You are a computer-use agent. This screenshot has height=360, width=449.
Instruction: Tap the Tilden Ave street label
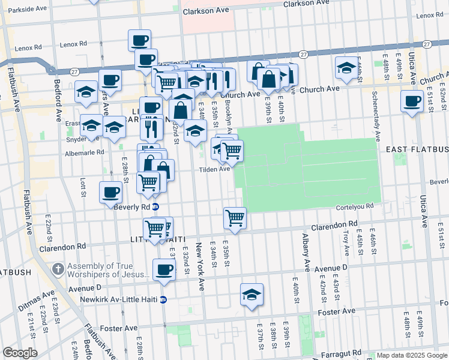click(x=215, y=169)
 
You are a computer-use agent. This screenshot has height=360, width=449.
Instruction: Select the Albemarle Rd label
click(x=84, y=153)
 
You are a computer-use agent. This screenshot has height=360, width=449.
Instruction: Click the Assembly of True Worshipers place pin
click(x=58, y=267)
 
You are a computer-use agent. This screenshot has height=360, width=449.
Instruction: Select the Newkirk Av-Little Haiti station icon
click(x=163, y=299)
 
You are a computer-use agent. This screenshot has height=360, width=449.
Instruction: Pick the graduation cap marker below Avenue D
click(x=252, y=295)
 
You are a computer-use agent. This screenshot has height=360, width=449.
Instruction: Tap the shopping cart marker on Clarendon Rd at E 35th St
click(x=235, y=218)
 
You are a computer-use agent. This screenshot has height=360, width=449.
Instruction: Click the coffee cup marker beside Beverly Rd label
click(x=110, y=193)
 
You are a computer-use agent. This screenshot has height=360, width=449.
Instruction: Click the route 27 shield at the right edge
click(x=427, y=45)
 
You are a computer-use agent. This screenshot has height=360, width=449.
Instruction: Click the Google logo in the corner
click(x=20, y=353)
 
